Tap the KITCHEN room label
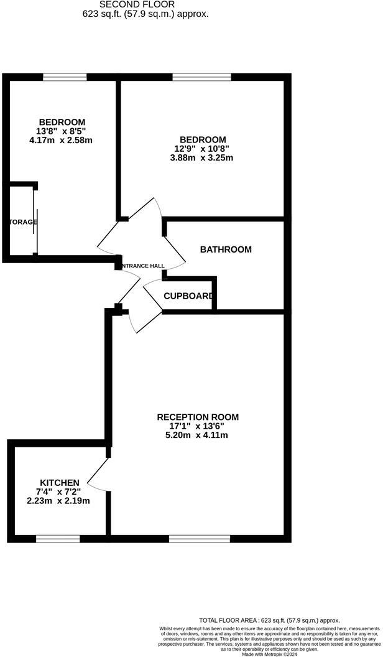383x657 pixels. [60, 482]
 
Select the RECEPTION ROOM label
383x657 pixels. [198, 417]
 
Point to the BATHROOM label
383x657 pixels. [226, 249]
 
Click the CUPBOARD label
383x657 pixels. [188, 296]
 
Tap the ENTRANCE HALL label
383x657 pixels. [144, 266]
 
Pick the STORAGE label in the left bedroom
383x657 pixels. [23, 222]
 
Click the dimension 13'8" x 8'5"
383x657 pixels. [62, 131]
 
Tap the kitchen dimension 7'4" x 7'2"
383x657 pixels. [59, 492]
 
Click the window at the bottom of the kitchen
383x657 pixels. [58, 538]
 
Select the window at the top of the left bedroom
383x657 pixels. [65, 77]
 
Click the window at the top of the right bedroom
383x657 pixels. [201, 77]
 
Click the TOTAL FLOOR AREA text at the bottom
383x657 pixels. [269, 620]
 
